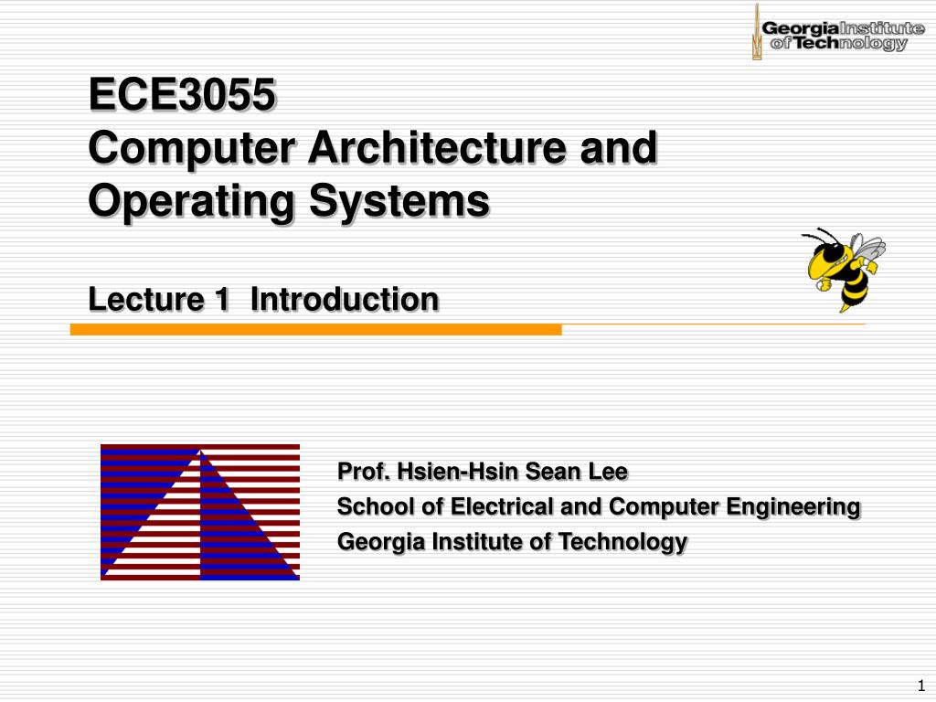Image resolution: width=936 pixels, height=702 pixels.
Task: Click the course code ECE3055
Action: tap(181, 95)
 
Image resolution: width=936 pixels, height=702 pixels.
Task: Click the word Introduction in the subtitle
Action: tap(345, 299)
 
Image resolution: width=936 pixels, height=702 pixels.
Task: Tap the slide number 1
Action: tap(920, 686)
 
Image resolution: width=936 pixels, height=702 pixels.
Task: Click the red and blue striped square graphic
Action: tap(200, 512)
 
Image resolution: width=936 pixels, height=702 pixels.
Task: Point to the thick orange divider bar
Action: tap(315, 329)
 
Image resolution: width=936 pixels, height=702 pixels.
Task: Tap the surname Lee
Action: tap(608, 472)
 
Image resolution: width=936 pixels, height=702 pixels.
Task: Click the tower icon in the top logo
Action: tap(756, 33)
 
